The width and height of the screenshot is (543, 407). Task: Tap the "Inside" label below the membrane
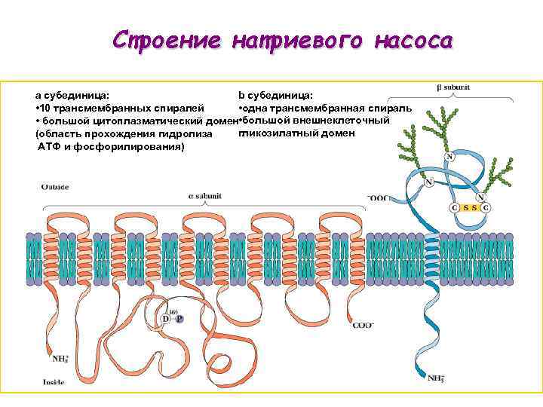(x=54, y=382)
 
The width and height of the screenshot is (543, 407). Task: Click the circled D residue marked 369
(x=166, y=319)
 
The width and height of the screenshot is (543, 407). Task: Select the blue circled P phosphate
(x=179, y=319)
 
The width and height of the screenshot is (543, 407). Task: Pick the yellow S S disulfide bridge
(x=470, y=207)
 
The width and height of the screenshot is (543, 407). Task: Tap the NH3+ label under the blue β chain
(x=436, y=378)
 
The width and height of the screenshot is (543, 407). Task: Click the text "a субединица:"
(x=72, y=96)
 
